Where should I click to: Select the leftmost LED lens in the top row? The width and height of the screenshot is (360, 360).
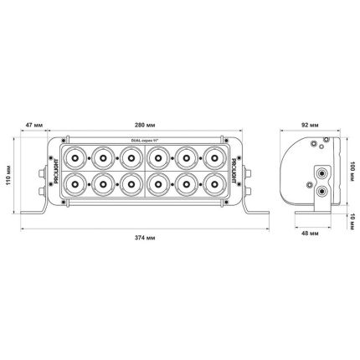(75, 157)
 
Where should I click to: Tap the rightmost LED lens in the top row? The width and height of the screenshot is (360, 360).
(216, 157)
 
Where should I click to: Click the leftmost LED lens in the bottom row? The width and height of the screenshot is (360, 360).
(75, 183)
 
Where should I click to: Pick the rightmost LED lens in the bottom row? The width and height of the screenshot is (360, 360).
(216, 183)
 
